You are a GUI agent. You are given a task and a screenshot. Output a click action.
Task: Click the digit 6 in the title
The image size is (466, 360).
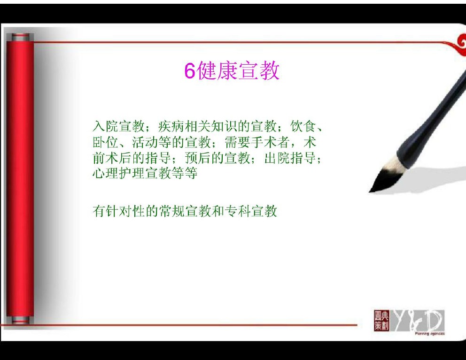pyautogui.click(x=190, y=71)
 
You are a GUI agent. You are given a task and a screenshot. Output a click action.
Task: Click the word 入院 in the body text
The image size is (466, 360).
pyautogui.click(x=106, y=126)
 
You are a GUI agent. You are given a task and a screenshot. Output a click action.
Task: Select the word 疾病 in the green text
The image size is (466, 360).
pyautogui.click(x=171, y=126)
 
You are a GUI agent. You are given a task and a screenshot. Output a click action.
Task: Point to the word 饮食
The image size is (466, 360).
pyautogui.click(x=303, y=126)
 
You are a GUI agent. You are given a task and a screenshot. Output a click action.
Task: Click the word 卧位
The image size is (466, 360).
pyautogui.click(x=106, y=142)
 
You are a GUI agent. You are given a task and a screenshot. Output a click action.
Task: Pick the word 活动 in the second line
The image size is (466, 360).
pyautogui.click(x=145, y=142)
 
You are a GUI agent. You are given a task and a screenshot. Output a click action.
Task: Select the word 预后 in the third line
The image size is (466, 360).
pyautogui.click(x=198, y=158)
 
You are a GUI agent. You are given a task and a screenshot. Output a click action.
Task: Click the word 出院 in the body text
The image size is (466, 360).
pyautogui.click(x=277, y=158)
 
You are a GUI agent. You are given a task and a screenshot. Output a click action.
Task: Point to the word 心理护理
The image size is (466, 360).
pyautogui.click(x=119, y=173)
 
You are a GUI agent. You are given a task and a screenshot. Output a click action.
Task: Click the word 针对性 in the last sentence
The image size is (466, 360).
pyautogui.click(x=125, y=211)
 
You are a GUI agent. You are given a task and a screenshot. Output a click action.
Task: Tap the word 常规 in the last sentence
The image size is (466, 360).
pyautogui.click(x=171, y=211)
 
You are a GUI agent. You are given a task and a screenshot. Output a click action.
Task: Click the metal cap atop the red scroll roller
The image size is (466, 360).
pyautogui.click(x=20, y=38)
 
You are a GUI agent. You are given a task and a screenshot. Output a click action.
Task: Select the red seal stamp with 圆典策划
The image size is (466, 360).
pyautogui.click(x=381, y=321)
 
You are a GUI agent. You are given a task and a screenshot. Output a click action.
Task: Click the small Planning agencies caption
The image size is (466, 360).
pyautogui.click(x=430, y=334)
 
